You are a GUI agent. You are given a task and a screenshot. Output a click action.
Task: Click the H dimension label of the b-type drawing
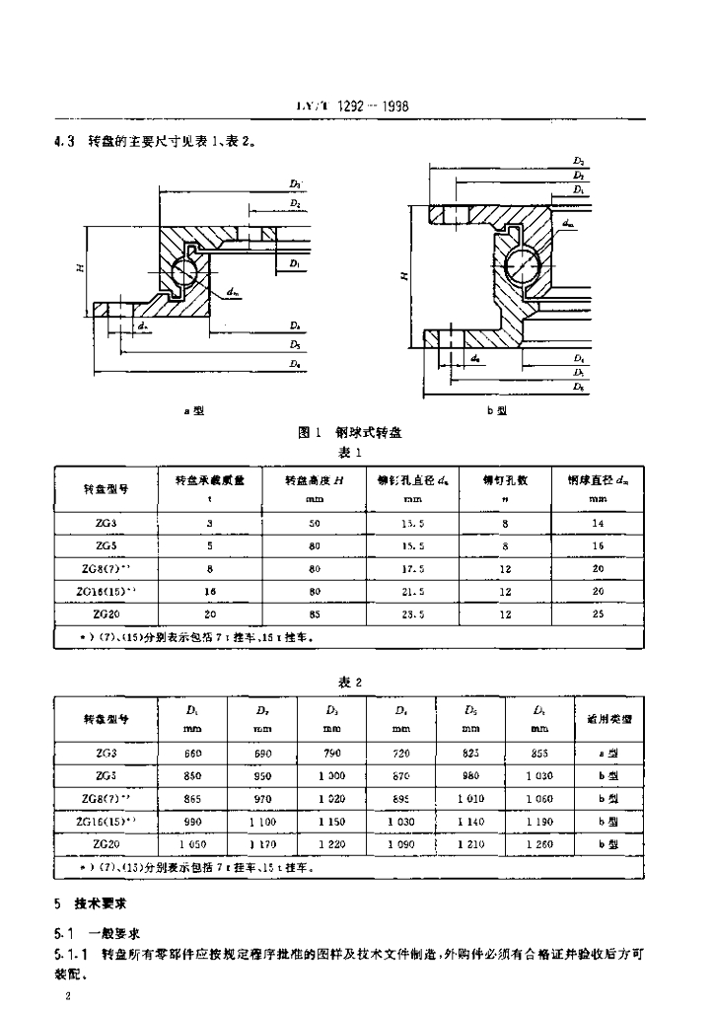point(403,276)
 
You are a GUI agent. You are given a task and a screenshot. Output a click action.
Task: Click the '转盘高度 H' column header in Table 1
point(314,480)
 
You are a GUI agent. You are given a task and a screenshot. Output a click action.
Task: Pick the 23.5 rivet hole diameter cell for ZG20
point(413,613)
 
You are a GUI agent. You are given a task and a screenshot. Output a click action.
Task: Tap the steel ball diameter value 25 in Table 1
point(597,613)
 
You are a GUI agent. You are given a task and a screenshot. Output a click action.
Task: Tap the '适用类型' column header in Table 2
point(608,719)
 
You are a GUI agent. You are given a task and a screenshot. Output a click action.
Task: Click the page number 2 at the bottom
point(65,998)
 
